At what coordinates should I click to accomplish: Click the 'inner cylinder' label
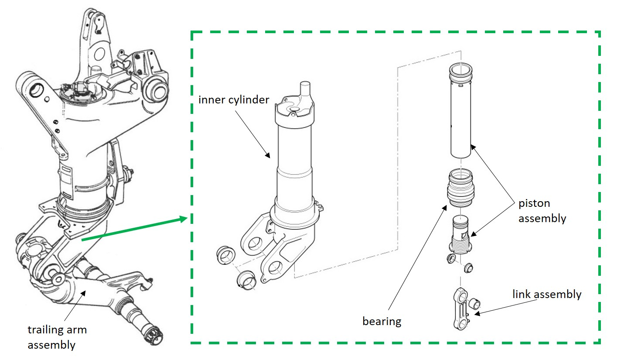point(234,99)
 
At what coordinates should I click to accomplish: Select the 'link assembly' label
point(546,294)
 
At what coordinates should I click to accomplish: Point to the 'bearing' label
point(382,321)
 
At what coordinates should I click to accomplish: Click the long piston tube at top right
point(460,113)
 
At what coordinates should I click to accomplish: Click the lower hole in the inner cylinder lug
point(275,267)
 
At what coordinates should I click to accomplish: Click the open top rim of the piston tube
point(460,69)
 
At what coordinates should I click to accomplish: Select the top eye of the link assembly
point(459,294)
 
